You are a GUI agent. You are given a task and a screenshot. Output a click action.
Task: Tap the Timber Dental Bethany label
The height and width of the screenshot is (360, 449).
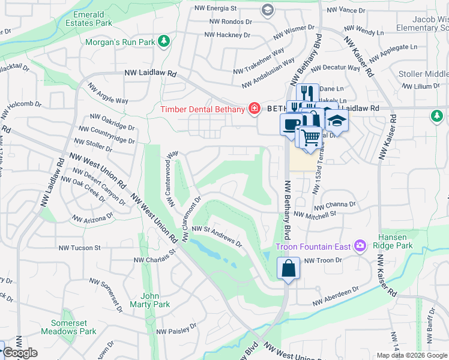click(x=202, y=109)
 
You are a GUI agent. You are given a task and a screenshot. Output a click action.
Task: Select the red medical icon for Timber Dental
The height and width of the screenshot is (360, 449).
click(x=255, y=109)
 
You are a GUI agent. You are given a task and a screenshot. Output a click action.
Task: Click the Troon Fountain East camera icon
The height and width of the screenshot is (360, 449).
click(x=360, y=245)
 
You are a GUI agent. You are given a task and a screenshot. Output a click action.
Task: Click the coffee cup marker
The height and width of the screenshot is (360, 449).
click(x=292, y=124)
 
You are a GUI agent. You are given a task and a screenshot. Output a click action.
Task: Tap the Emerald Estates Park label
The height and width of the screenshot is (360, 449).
click(x=92, y=18)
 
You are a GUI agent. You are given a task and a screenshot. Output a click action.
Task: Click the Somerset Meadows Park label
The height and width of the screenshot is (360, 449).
click(x=68, y=326)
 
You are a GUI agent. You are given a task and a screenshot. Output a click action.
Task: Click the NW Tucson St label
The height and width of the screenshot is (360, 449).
click(x=80, y=248)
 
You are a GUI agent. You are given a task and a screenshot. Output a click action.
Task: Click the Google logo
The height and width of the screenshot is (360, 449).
click(x=20, y=353)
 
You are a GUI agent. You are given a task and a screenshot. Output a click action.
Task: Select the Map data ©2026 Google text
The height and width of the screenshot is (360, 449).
click(x=411, y=355)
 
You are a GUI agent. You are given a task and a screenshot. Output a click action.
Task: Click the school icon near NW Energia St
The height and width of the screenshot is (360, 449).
click(x=267, y=9)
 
